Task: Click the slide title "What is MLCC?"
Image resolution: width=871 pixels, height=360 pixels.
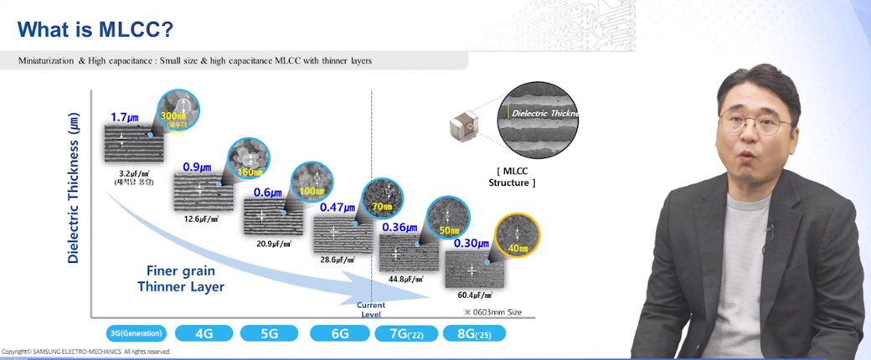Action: pyautogui.click(x=95, y=31)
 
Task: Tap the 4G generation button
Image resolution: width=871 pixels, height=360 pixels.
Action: pyautogui.click(x=203, y=332)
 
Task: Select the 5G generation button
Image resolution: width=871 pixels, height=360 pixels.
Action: pyautogui.click(x=270, y=332)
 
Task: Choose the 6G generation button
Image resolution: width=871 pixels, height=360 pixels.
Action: pyautogui.click(x=339, y=332)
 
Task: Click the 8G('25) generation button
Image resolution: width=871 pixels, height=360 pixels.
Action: pyautogui.click(x=473, y=332)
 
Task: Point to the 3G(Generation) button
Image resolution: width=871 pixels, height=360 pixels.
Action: pyautogui.click(x=136, y=332)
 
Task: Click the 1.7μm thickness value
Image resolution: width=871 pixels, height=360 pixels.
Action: pyautogui.click(x=124, y=116)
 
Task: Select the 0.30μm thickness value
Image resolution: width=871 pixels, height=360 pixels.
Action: pyautogui.click(x=472, y=244)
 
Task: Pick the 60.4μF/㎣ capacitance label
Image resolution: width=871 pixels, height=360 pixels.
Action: pyautogui.click(x=475, y=296)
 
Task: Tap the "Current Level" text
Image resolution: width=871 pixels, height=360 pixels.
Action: pyautogui.click(x=371, y=310)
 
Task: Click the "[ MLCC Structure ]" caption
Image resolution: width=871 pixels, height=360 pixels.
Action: pyautogui.click(x=512, y=176)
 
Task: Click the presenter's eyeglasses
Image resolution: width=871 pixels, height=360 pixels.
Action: pyautogui.click(x=754, y=123)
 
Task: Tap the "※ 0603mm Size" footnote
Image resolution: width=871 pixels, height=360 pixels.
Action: pyautogui.click(x=493, y=311)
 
